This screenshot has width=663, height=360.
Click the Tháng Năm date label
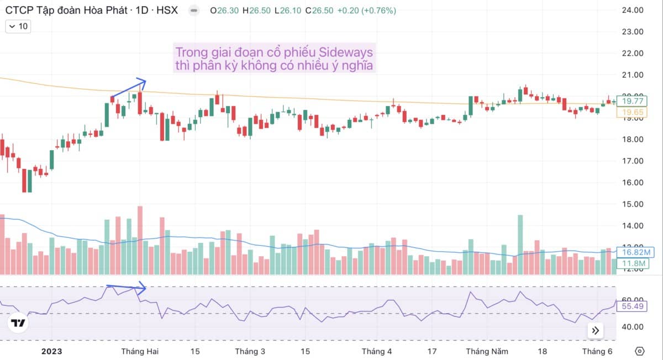[x=486, y=351]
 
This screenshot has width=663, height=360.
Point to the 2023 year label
[x=52, y=351]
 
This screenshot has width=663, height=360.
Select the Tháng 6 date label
[x=598, y=351]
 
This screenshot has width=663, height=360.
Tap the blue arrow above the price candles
[x=128, y=89]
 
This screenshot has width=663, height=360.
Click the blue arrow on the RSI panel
[x=126, y=287]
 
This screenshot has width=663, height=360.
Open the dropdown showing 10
[x=18, y=26]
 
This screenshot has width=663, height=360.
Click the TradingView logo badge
[x=19, y=323]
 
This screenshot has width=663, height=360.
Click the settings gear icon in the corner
[x=640, y=351]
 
